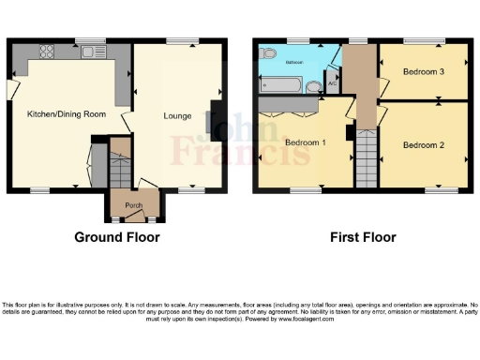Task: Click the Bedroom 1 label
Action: point(306,142)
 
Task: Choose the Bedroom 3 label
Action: point(423,71)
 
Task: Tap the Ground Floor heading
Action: point(117,237)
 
